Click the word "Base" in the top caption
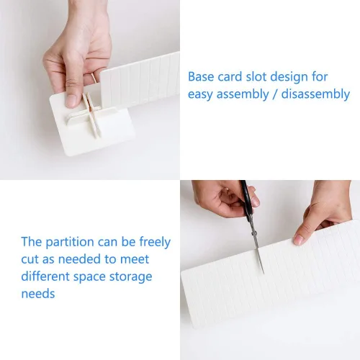pyautogui.click(x=201, y=77)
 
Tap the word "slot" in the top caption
pyautogui.click(x=256, y=77)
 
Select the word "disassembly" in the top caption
pyautogui.click(x=315, y=94)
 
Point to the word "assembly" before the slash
pyautogui.click(x=243, y=94)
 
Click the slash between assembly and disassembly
pyautogui.click(x=275, y=94)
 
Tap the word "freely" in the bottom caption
pyautogui.click(x=155, y=243)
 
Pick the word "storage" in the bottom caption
pyautogui.click(x=131, y=277)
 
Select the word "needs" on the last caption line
pyautogui.click(x=38, y=294)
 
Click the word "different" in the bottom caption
pyautogui.click(x=45, y=276)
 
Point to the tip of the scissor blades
pyautogui.click(x=264, y=273)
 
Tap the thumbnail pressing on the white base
pyautogui.click(x=72, y=102)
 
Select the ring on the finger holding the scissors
pyautogui.click(x=227, y=190)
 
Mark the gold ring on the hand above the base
pyautogui.click(x=94, y=78)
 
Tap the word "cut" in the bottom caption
pyautogui.click(x=30, y=260)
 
